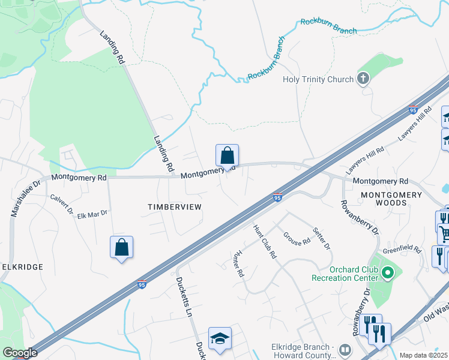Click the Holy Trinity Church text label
coord(318,80)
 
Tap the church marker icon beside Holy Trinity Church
coord(363,79)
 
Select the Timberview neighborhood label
coord(174,206)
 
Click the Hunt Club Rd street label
coord(265,241)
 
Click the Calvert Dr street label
coord(62,205)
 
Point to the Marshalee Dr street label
coord(25,198)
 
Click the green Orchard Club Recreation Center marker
coord(387,274)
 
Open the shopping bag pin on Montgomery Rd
coord(227,156)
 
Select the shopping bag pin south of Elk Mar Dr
coord(121,247)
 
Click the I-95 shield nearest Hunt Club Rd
coord(277,197)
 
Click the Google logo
coord(20,353)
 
